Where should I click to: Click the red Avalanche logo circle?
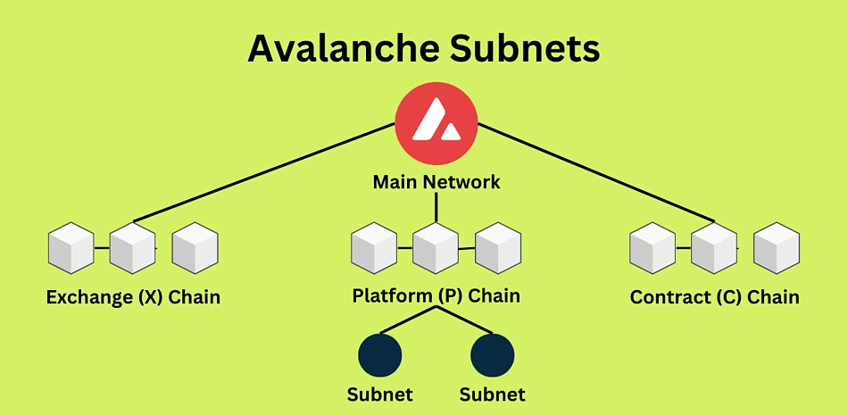(x=436, y=124)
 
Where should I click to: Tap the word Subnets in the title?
(x=525, y=49)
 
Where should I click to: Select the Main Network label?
(x=436, y=182)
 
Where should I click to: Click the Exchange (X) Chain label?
(x=133, y=297)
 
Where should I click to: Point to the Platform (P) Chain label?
(x=436, y=296)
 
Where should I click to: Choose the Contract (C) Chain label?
(x=714, y=297)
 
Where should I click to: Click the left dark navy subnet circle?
(x=380, y=355)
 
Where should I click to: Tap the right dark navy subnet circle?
(x=492, y=355)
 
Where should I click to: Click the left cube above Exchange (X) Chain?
(x=71, y=248)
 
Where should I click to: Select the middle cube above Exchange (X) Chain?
(x=132, y=248)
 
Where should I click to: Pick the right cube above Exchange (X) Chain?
(x=195, y=248)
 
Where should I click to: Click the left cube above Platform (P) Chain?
(x=374, y=248)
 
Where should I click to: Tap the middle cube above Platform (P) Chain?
(x=436, y=248)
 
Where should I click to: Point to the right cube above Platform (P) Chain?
(x=498, y=248)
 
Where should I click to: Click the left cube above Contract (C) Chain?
(x=653, y=248)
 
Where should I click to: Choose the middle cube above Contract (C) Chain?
(x=714, y=248)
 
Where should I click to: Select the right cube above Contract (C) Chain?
(x=777, y=248)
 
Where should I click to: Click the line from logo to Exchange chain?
(x=264, y=172)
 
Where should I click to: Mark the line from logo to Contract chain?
(x=596, y=172)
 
